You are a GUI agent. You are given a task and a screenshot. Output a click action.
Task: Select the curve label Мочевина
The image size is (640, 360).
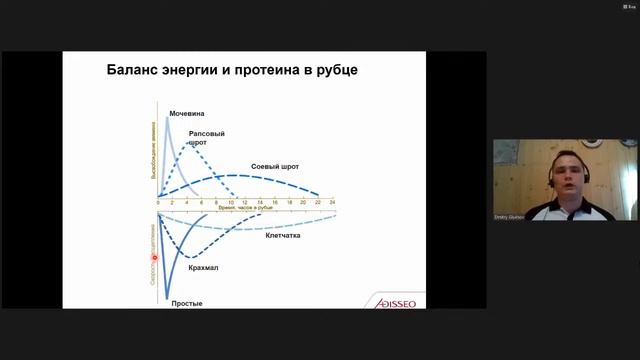pos(187,114)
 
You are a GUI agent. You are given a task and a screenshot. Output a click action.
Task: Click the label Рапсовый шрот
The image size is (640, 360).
pos(206,137)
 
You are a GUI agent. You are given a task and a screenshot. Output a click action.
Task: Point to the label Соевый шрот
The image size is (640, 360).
pos(276,166)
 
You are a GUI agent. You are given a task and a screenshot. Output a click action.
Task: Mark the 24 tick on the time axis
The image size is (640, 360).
pos(332,202)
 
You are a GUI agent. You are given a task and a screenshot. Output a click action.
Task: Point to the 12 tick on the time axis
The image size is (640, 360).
pos(244,202)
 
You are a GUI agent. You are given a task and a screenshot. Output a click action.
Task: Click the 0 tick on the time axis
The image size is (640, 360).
pos(157,202)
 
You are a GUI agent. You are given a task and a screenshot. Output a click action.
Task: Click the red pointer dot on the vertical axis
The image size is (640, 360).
pos(155,257)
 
